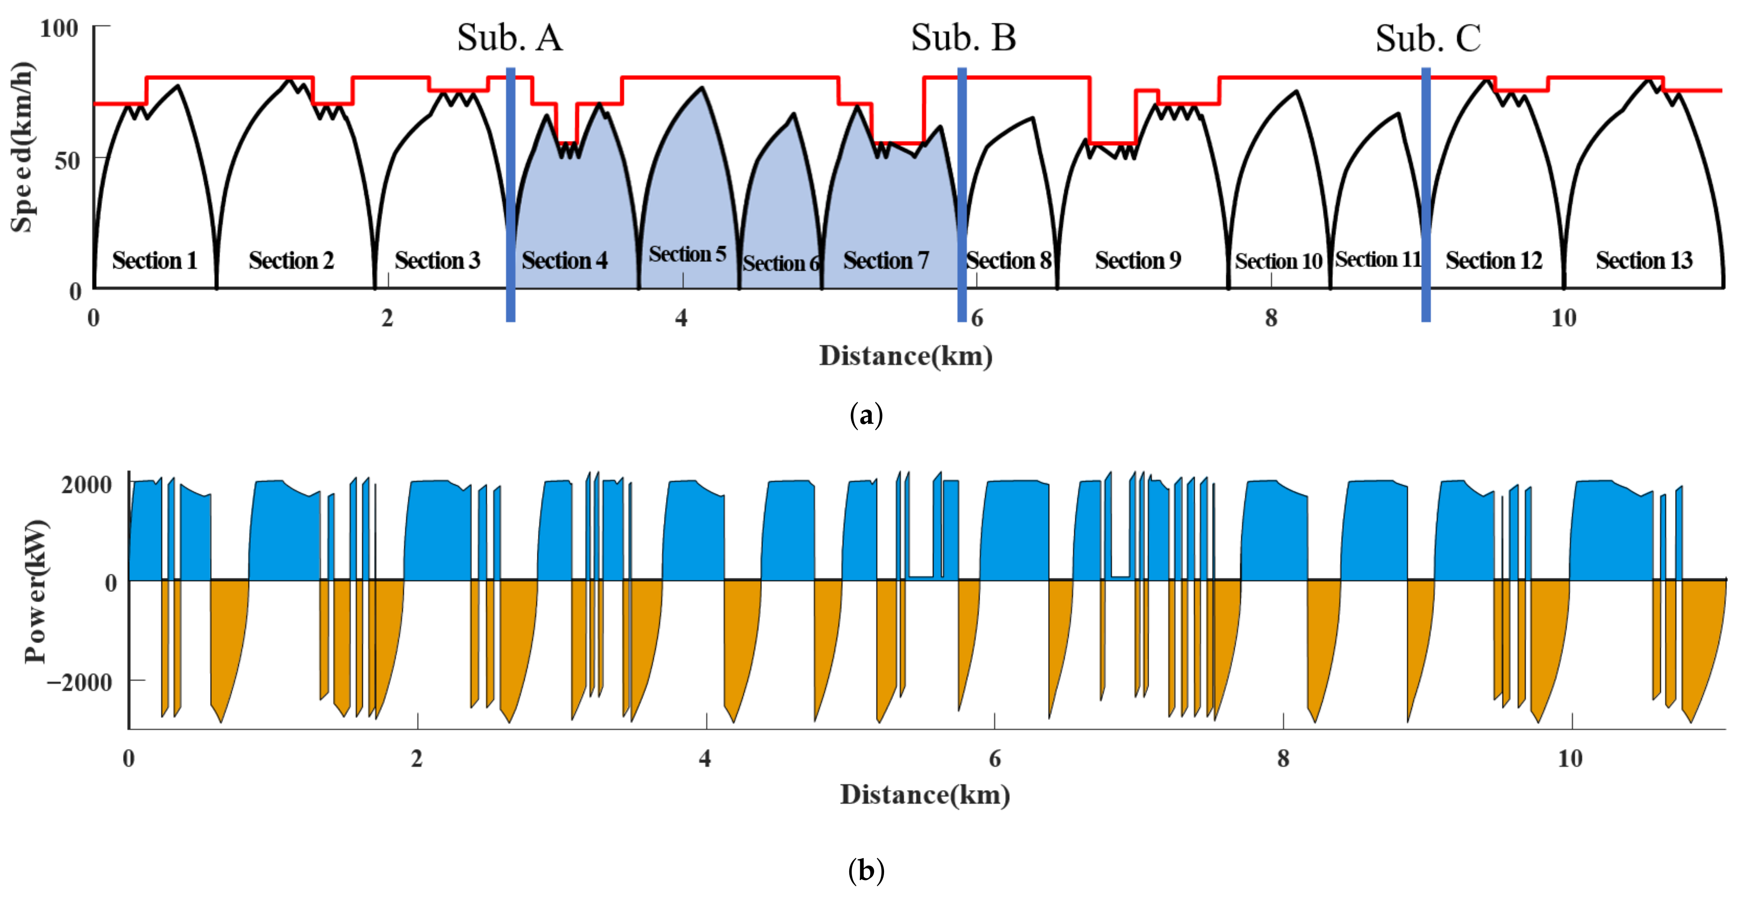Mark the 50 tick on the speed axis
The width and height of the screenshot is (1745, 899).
tap(68, 161)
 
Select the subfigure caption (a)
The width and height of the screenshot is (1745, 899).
tap(866, 415)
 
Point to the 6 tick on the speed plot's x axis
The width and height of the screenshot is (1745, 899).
tap(977, 318)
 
